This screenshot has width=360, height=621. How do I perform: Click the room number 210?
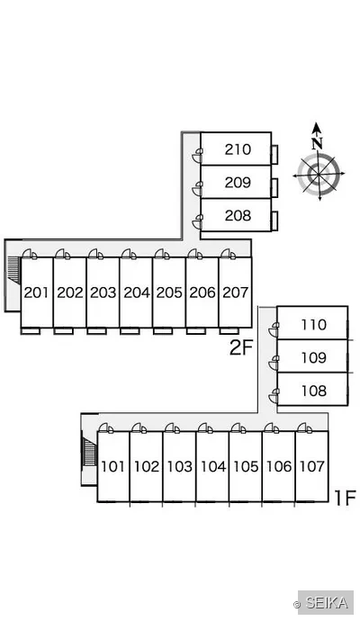click(x=238, y=149)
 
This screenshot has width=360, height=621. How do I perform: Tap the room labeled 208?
click(x=238, y=215)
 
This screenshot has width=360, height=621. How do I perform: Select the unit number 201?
click(x=37, y=292)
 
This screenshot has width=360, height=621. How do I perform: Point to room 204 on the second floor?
click(x=137, y=292)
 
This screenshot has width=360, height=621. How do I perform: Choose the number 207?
click(x=236, y=292)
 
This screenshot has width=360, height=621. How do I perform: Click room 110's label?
click(x=314, y=325)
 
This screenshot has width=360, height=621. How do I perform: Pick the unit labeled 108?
click(x=314, y=391)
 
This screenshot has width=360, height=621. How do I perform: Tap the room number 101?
click(x=113, y=466)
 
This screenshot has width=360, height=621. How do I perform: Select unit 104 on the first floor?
click(x=213, y=466)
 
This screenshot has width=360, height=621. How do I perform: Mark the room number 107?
click(x=312, y=466)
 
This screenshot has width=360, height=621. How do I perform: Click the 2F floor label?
click(x=241, y=348)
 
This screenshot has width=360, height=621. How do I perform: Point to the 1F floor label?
click(x=345, y=498)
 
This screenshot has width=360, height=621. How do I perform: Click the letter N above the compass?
click(x=317, y=143)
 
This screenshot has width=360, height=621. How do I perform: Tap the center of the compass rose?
click(x=319, y=175)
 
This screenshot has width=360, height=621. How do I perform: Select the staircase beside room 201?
click(x=13, y=270)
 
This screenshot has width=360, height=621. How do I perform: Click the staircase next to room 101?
click(x=90, y=449)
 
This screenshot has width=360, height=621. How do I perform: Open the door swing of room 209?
click(x=197, y=188)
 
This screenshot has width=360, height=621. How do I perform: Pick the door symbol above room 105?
click(x=238, y=427)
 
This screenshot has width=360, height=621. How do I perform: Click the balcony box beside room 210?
click(x=274, y=155)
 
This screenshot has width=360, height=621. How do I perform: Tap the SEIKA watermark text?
click(x=327, y=603)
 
